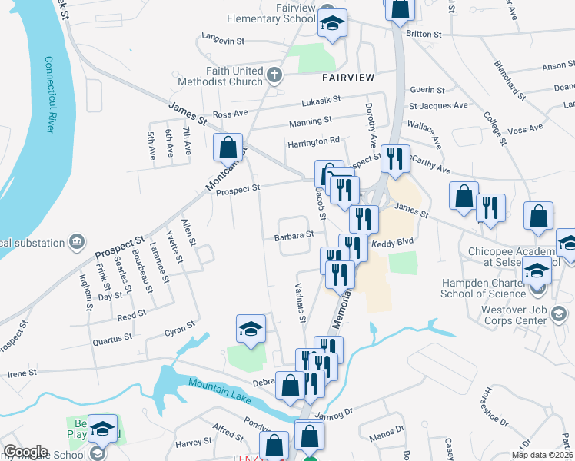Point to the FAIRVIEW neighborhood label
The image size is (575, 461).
tap(347, 78)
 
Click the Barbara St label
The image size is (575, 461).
tap(295, 237)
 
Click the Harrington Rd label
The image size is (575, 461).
tap(313, 141)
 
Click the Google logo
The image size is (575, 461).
tap(25, 452)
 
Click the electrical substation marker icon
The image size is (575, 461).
tap(76, 243)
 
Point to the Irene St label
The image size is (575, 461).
tap(22, 373)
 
